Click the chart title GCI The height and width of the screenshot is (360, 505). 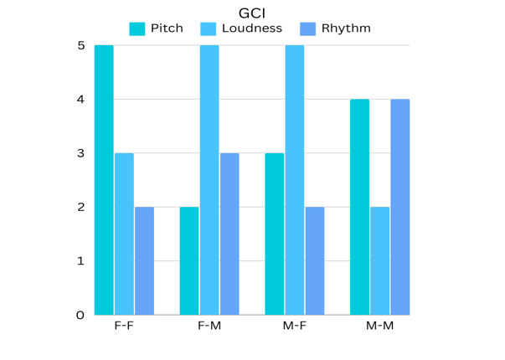pos(252,13)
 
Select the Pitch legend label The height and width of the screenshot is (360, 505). pos(167,28)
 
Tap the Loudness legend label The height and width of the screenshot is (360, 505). pos(252,28)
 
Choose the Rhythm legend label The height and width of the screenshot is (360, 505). pos(346,28)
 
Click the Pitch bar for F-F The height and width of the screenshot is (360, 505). pos(104,180)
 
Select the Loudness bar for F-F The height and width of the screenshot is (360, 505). pos(124,234)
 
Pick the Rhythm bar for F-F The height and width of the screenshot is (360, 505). pos(145,260)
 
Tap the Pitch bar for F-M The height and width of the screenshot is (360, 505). pos(189,260)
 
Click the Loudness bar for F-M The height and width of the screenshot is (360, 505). pos(209,180)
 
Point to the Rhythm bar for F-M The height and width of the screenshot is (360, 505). pos(230,234)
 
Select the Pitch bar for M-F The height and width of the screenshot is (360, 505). pos(275,234)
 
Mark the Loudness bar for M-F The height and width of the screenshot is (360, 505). pos(295,180)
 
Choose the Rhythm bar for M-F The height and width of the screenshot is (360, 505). pos(315,260)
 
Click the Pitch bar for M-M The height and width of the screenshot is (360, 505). pos(359,207)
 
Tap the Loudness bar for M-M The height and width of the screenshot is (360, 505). pos(380,260)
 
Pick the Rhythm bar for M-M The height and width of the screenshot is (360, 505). pos(400,207)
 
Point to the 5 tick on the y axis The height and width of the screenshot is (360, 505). pos(80,45)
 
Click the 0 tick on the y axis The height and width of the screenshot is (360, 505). pos(80,316)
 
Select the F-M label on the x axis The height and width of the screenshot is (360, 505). pos(209,326)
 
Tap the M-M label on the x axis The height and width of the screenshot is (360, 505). pos(379,326)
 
